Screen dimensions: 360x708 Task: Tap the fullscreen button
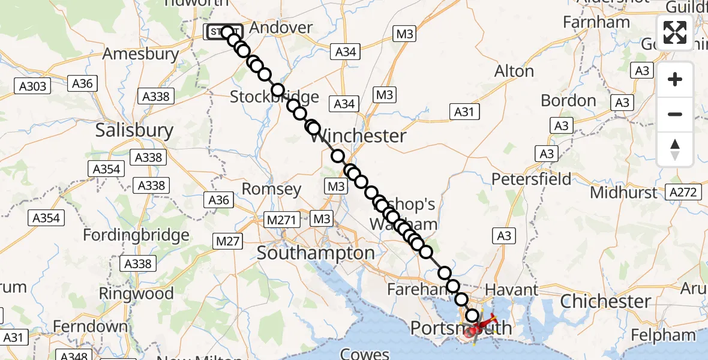675,32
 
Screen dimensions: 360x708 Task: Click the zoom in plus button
675,79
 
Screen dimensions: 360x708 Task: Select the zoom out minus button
675,114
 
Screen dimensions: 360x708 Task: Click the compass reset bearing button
675,149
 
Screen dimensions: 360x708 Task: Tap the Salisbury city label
134,131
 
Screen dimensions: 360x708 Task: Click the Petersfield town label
532,179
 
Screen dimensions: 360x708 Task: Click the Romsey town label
271,190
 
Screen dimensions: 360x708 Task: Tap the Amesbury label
140,54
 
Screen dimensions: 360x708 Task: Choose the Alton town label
514,71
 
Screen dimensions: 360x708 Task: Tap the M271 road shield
282,220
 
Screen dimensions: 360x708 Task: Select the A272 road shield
684,192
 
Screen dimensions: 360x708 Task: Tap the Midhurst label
624,193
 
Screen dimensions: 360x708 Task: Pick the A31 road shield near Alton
464,111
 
